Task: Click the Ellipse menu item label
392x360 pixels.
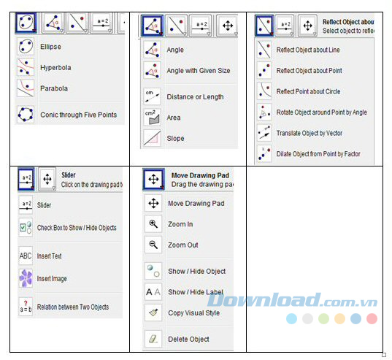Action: (x=50, y=47)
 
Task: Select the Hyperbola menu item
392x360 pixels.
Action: (x=55, y=67)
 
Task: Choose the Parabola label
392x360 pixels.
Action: (x=53, y=88)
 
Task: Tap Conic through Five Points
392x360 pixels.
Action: (x=78, y=115)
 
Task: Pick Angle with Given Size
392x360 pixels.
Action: (x=198, y=71)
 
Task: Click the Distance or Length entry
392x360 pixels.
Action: (x=195, y=96)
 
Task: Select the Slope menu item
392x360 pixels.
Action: (x=175, y=138)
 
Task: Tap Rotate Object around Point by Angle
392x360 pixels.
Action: (x=321, y=112)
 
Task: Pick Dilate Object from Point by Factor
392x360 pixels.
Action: (x=318, y=154)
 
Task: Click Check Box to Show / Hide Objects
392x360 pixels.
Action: (x=77, y=227)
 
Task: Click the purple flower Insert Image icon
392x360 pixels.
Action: (x=26, y=277)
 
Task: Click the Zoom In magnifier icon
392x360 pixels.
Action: (x=153, y=224)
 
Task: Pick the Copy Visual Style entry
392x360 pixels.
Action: (x=193, y=313)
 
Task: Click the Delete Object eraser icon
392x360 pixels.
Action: (x=153, y=339)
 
